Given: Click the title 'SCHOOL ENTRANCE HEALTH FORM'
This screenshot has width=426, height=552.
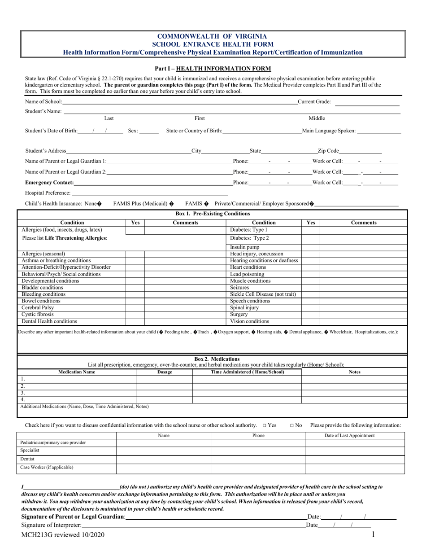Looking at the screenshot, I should (x=213, y=44).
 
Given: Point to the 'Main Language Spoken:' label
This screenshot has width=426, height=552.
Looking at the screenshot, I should (x=329, y=131).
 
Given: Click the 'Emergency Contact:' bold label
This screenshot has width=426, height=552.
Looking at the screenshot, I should (x=50, y=183).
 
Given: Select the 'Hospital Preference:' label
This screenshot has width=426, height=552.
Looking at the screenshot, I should (x=48, y=193).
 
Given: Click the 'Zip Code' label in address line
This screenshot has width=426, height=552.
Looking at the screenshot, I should (x=328, y=151).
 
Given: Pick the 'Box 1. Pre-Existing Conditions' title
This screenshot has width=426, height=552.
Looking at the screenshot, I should (x=213, y=214).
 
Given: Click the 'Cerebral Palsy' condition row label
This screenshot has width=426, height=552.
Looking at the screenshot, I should (x=37, y=308).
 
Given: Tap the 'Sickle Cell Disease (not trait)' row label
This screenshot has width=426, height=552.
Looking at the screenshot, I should (x=263, y=294).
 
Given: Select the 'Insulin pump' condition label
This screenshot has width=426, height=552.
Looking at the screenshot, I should (x=244, y=247).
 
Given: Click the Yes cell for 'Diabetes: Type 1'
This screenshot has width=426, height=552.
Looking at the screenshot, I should (x=310, y=230).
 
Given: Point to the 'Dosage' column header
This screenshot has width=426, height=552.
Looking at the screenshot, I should (x=164, y=372).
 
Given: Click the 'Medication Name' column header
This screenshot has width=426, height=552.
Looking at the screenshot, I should (x=77, y=372).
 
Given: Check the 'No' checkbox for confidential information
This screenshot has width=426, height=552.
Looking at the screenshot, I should (x=292, y=425).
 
